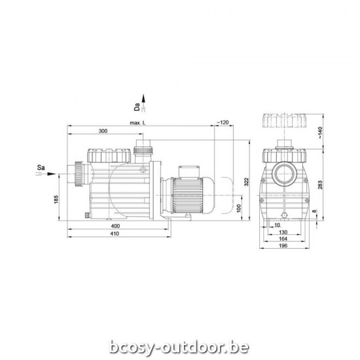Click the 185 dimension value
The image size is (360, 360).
pos(57,198)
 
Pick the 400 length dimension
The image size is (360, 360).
pos(115,226)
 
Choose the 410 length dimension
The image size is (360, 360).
pos(115,233)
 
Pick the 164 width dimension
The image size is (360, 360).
pos(283,240)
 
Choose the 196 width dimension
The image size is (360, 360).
pos(283,247)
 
